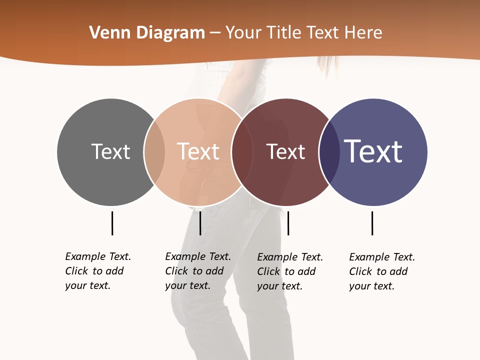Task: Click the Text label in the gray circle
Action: click(110, 151)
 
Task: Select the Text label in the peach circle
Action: click(198, 151)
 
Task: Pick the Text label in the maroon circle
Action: click(285, 151)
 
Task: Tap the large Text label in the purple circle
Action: click(373, 151)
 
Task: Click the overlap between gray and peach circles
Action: click(154, 152)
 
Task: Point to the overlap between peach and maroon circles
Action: click(241, 152)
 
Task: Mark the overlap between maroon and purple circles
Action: click(328, 152)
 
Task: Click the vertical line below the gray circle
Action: click(112, 223)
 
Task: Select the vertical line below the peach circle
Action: click(200, 223)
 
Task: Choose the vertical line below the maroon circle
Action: click(288, 223)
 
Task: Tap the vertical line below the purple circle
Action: click(372, 223)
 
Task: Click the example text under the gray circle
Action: click(98, 271)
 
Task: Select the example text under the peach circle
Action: click(198, 271)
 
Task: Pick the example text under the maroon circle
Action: click(290, 271)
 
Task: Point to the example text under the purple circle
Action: click(382, 271)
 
